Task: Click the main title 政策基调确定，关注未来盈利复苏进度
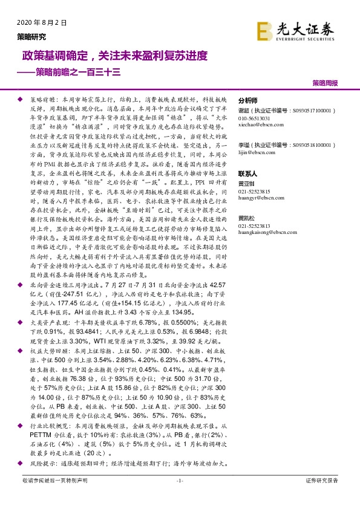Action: (115, 56)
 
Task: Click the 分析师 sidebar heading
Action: (248, 101)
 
